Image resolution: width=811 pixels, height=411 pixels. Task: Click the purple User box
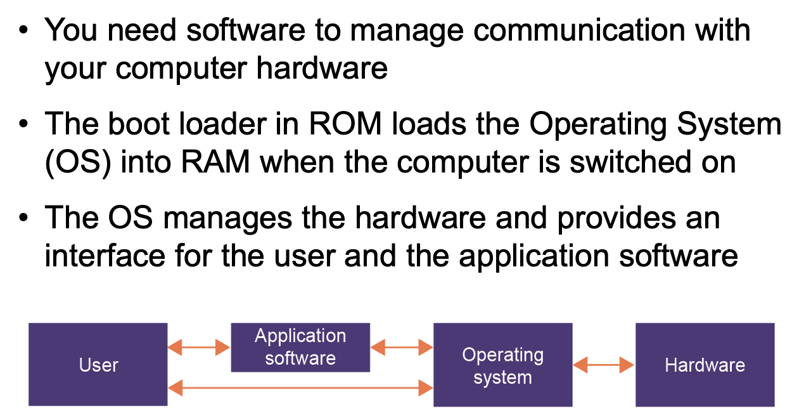(x=98, y=365)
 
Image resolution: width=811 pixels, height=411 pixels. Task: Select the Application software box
(x=300, y=347)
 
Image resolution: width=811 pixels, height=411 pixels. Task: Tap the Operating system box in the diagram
(x=502, y=365)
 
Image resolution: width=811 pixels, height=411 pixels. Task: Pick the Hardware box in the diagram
(x=705, y=365)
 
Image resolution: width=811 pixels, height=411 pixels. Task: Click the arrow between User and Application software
(x=199, y=347)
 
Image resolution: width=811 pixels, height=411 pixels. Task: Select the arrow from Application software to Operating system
(x=402, y=347)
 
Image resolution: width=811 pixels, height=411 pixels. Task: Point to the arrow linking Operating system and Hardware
(x=604, y=365)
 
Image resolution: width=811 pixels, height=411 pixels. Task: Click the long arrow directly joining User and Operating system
(x=300, y=388)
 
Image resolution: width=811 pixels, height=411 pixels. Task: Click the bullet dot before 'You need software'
(x=24, y=30)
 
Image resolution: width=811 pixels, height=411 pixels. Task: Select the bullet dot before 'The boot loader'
(x=24, y=124)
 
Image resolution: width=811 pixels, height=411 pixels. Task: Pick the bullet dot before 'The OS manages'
(x=24, y=218)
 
